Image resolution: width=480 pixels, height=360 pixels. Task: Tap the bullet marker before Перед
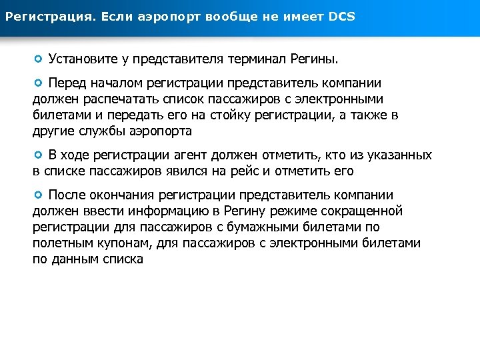[x=39, y=83]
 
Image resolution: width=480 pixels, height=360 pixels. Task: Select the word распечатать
[x=108, y=99]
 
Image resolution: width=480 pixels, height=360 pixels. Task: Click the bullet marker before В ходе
[x=39, y=155]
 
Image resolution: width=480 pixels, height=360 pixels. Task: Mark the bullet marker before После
[x=39, y=195]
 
